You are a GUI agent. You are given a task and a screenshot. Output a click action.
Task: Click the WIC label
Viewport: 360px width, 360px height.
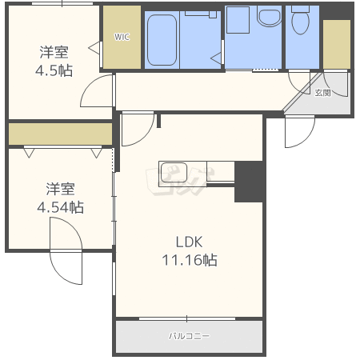pos(122,37)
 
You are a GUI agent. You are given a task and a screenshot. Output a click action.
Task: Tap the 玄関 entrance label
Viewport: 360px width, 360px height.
pos(323,93)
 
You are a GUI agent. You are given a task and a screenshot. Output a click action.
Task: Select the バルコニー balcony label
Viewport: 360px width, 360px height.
pos(189,336)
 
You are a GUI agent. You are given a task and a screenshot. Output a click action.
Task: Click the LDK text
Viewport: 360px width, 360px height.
pos(190,242)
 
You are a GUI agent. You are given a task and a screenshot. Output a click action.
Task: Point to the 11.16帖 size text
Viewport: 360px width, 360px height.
pos(190,260)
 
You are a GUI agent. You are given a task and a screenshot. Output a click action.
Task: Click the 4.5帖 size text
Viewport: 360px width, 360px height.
pos(54,71)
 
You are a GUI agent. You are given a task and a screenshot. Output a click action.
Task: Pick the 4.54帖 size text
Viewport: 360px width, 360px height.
pos(60,207)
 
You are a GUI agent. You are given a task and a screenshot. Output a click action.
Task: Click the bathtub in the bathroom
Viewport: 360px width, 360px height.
pos(162,40)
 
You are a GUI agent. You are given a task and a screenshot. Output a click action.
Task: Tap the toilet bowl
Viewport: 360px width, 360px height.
pos(301,22)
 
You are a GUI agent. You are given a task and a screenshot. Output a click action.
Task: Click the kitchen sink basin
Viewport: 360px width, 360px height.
pos(174,172)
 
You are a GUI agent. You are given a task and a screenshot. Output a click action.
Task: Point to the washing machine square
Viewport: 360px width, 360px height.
pos(238,20)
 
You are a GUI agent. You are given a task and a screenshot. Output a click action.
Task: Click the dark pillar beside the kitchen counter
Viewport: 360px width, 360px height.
pos(249,182)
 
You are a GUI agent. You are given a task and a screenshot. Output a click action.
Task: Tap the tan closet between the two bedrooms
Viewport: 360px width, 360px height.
pos(60,134)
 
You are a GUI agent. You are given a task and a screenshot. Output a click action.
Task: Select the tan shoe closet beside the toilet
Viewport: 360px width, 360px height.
pos(337,44)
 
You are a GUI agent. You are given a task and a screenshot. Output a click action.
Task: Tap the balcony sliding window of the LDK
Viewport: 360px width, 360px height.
pos(187,318)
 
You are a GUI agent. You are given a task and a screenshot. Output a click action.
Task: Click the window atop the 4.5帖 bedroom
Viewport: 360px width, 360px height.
pos(62,4)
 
